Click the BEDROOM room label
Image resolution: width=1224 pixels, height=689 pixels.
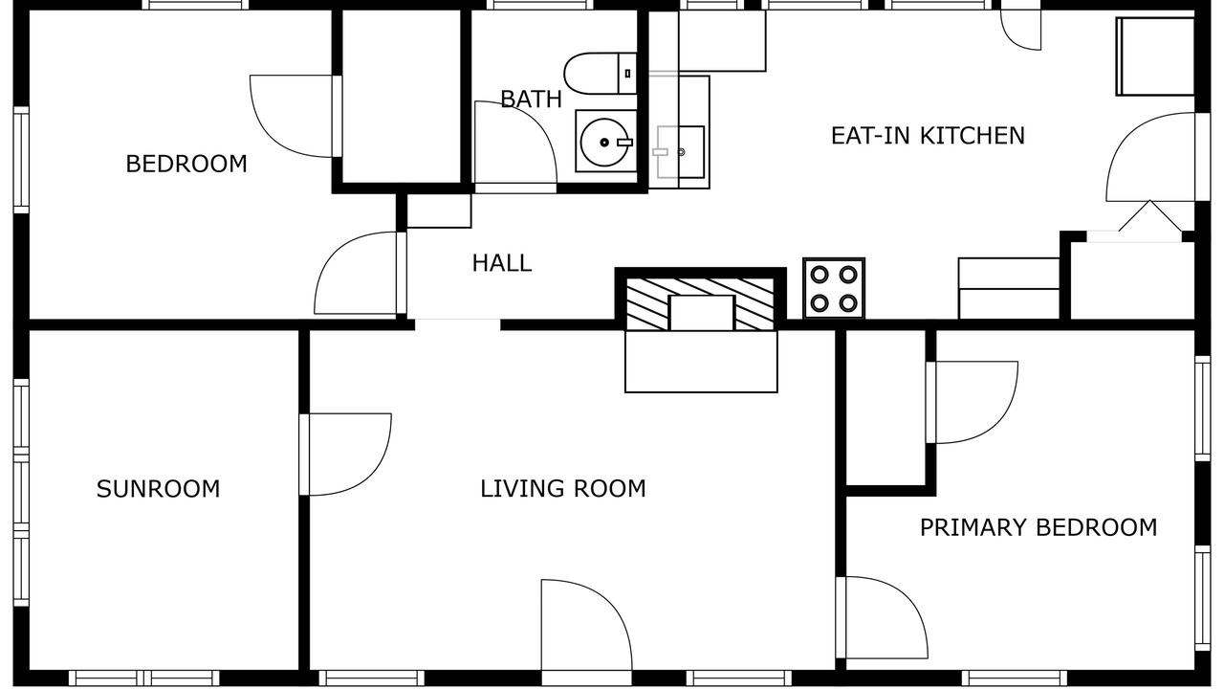click(186, 164)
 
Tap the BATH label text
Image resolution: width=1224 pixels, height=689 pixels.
click(531, 100)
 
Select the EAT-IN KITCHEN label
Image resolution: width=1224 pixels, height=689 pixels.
click(928, 136)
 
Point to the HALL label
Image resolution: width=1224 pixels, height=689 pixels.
click(502, 263)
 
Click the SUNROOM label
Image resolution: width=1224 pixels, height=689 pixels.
click(159, 489)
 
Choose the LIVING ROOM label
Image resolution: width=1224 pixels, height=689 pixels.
click(563, 489)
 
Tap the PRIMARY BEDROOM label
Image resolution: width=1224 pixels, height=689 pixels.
click(1038, 527)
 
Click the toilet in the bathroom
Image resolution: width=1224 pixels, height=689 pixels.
click(601, 74)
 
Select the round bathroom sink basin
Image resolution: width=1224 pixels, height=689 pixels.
click(604, 143)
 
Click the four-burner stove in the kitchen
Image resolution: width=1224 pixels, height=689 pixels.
click(834, 288)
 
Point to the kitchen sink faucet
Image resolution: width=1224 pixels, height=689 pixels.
click(661, 152)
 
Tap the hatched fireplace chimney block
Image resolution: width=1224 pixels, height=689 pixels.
click(701, 303)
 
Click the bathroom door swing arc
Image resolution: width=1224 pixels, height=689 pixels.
click(515, 143)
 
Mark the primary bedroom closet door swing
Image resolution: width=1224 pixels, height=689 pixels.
click(973, 402)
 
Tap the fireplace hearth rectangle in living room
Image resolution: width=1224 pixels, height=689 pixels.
click(701, 362)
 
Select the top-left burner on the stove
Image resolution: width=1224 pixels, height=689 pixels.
click(820, 274)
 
